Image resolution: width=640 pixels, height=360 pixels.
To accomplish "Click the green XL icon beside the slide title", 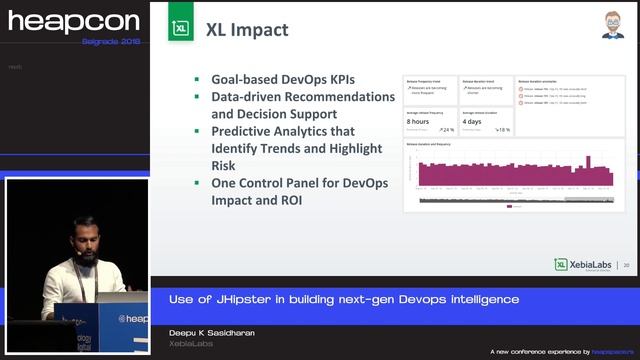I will tap(181, 29).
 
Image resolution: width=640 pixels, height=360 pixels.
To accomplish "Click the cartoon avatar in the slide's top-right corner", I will tap(612, 25).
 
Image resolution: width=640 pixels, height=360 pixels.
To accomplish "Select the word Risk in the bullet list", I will tap(225, 166).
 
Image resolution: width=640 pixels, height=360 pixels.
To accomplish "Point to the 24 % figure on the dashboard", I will tap(446, 130).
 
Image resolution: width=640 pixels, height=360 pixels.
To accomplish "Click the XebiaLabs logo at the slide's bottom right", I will tap(586, 264).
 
